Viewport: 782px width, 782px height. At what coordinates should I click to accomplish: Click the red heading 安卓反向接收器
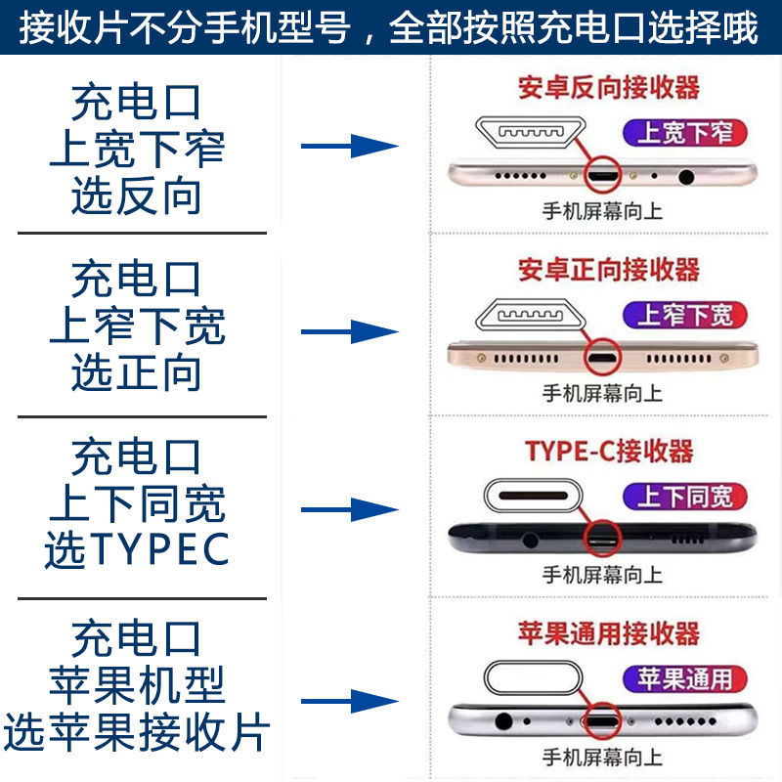click(608, 87)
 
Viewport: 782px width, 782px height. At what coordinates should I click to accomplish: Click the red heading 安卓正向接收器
click(608, 269)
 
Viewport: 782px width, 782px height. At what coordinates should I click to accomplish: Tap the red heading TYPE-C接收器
click(608, 451)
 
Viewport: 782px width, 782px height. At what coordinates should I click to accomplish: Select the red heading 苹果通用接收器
click(608, 632)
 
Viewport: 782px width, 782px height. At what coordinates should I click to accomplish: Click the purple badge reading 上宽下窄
click(684, 133)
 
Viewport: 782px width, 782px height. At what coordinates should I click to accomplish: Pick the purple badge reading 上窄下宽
click(684, 315)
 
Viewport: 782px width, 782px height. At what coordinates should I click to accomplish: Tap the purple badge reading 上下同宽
click(684, 497)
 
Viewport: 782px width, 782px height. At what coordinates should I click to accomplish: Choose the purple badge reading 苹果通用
click(684, 677)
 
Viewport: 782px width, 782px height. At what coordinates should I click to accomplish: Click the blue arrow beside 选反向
click(349, 148)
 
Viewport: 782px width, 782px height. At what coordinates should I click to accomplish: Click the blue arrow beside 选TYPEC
click(349, 509)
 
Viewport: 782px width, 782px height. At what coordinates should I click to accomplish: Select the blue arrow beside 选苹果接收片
click(349, 701)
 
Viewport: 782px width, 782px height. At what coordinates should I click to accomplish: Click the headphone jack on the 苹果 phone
click(505, 723)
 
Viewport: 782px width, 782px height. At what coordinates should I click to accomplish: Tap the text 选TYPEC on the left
click(137, 550)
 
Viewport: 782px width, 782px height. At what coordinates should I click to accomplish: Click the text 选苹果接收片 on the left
click(137, 733)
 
